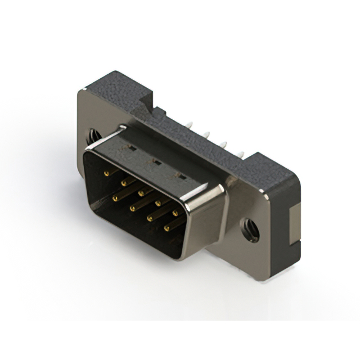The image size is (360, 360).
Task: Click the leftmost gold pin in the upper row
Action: tap(106, 174)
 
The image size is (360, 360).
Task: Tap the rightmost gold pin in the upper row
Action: tap(174, 213)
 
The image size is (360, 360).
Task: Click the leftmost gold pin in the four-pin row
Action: tap(115, 198)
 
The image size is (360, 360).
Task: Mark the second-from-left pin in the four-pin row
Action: tap(132, 208)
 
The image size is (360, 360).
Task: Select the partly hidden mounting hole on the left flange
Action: tap(91, 136)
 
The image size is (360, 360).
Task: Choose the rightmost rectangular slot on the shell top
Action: tap(181, 176)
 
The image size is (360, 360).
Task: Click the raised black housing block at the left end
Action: tap(112, 90)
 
